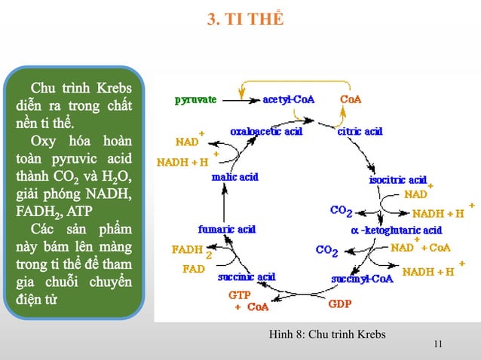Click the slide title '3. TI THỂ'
[246, 18]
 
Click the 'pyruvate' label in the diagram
[196, 99]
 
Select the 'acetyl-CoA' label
[289, 99]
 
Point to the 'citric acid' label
[360, 131]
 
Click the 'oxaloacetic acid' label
[266, 131]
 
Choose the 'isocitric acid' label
[397, 180]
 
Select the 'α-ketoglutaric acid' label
[397, 229]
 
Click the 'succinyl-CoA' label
[362, 278]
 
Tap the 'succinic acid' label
[247, 276]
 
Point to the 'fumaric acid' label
[226, 229]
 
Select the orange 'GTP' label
[240, 295]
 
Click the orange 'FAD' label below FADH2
[194, 268]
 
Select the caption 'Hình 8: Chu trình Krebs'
[326, 334]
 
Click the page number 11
[439, 345]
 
